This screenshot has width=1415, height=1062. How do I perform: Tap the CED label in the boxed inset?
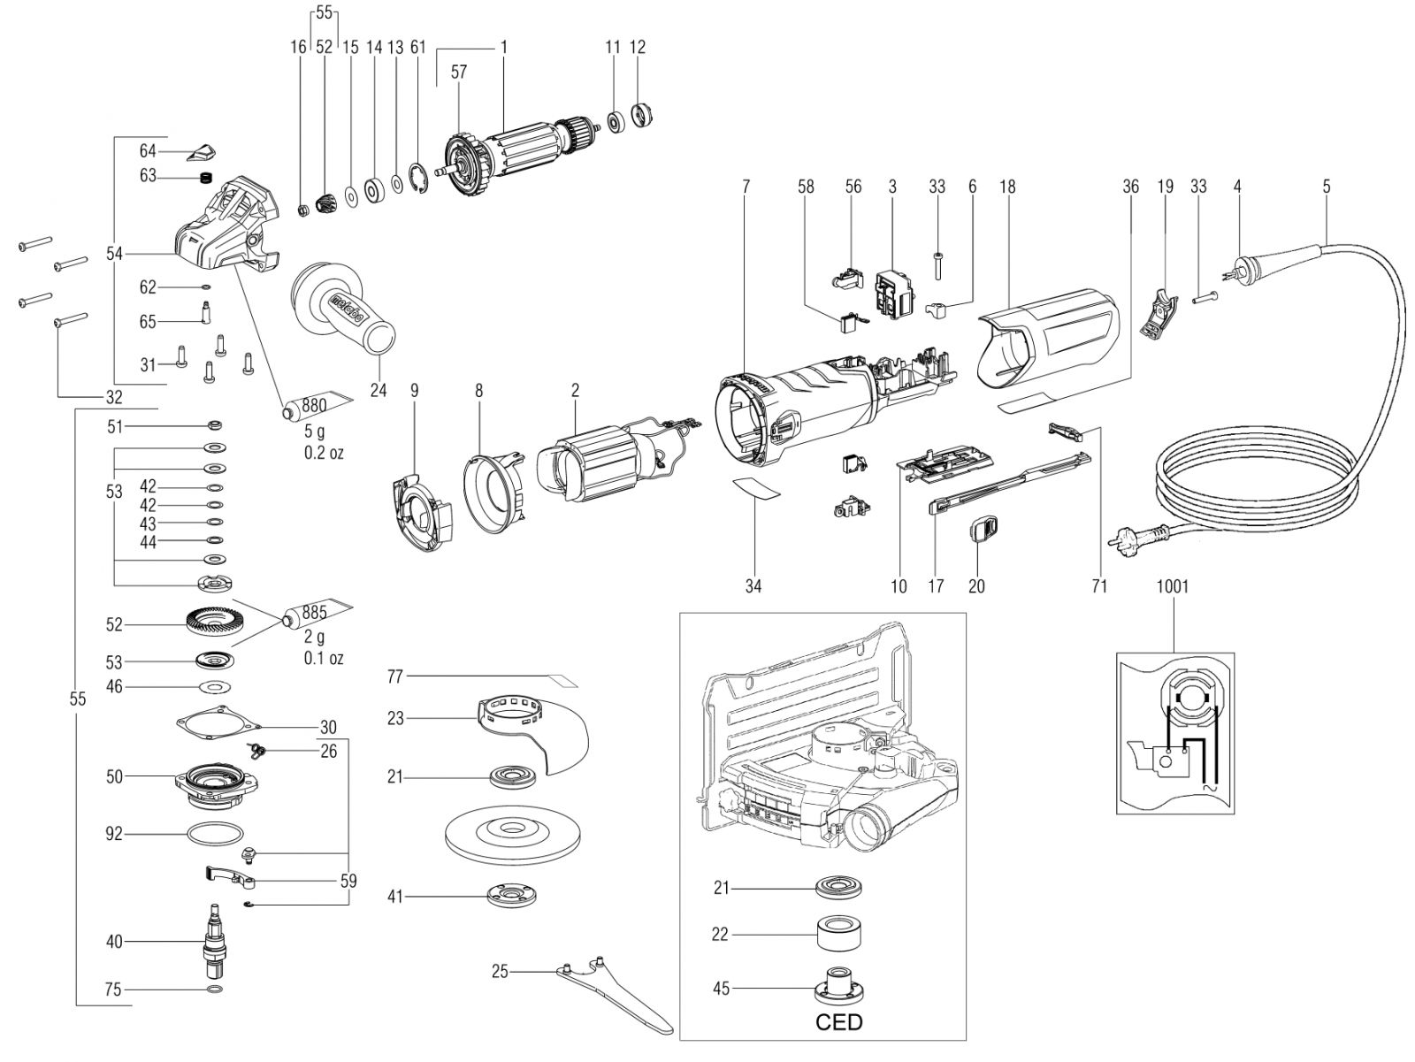pos(838,1022)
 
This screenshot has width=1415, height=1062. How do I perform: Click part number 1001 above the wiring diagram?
pos(1173,586)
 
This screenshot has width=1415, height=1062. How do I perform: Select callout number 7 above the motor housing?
pos(746,187)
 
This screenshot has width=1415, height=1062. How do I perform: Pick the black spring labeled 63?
pos(206,178)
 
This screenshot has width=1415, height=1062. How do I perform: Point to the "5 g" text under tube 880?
pos(314,432)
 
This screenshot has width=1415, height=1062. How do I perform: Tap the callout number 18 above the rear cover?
pos(1007,187)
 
